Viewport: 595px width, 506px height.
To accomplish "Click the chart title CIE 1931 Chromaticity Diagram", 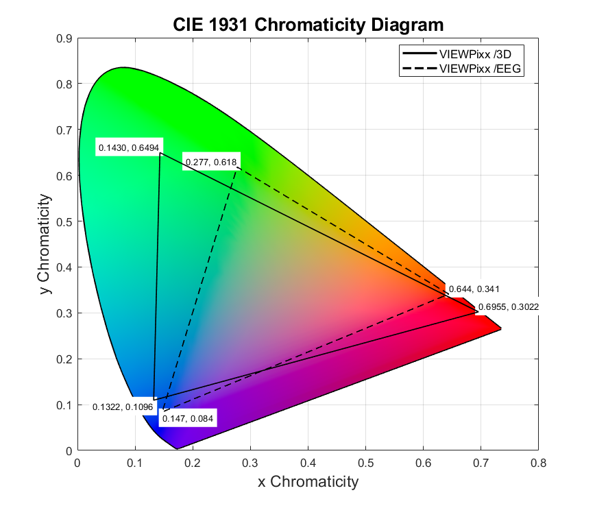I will pyautogui.click(x=308, y=25).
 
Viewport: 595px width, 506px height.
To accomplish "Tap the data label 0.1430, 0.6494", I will pyautogui.click(x=129, y=147).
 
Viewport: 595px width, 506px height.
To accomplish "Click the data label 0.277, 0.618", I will pyautogui.click(x=210, y=162).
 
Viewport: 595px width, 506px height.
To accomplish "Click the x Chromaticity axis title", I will pyautogui.click(x=308, y=482).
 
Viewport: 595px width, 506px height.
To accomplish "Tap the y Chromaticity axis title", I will pyautogui.click(x=44, y=245).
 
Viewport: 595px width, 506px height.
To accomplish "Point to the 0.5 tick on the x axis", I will pyautogui.click(x=365, y=464).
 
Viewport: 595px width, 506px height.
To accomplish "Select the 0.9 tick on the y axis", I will pyautogui.click(x=65, y=38).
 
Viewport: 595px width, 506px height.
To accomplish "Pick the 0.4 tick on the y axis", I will pyautogui.click(x=65, y=267).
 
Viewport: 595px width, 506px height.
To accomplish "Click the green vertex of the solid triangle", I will pyautogui.click(x=160, y=153).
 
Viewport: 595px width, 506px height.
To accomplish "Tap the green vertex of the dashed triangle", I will pyautogui.click(x=237, y=167).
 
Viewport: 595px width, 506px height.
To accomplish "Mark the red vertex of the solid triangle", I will pyautogui.click(x=478, y=312).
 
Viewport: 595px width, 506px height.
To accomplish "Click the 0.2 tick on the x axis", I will pyautogui.click(x=193, y=464).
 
